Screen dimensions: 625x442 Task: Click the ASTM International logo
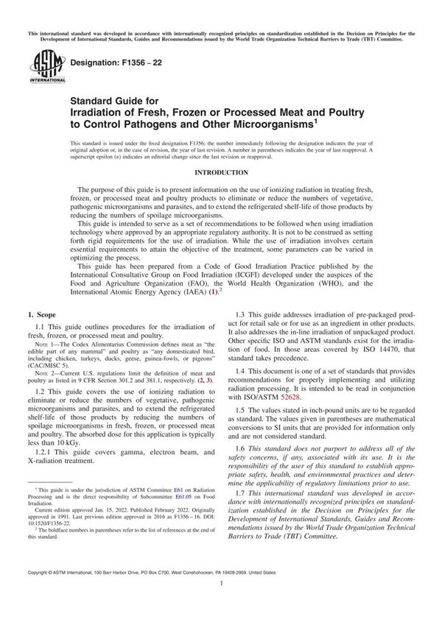[x=43, y=71]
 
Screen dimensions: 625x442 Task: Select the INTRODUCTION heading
[x=221, y=172]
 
